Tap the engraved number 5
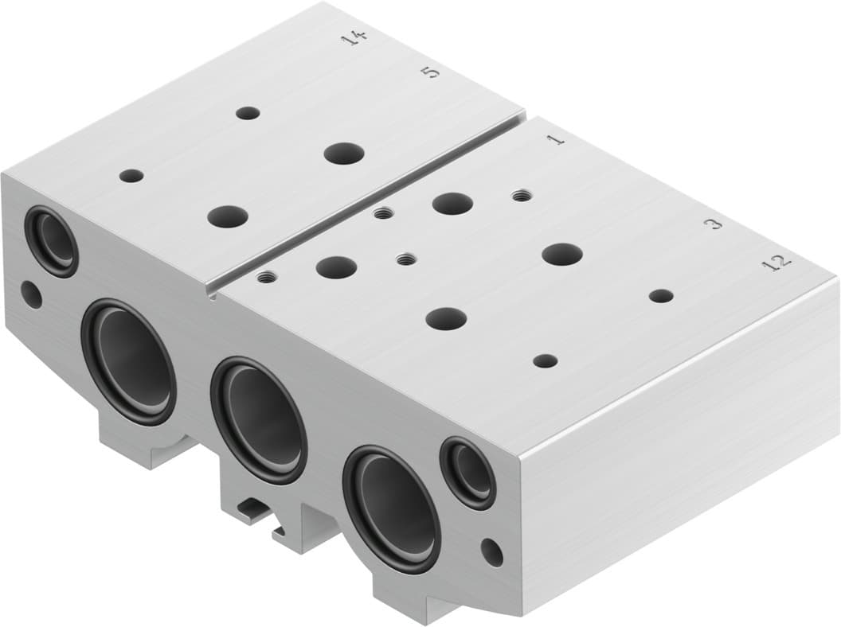pos(429,72)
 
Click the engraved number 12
pos(776,262)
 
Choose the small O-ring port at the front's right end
pos(469,473)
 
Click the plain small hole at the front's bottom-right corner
pos(492,552)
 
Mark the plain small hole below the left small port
pos(31,295)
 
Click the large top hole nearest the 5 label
pos(344,153)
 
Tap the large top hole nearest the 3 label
pos(561,255)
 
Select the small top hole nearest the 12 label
pos(660,296)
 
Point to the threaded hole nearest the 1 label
pos(522,195)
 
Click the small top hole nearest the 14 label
pos(248,113)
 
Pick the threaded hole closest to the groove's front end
pos(266,278)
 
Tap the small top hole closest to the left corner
pos(131,176)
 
